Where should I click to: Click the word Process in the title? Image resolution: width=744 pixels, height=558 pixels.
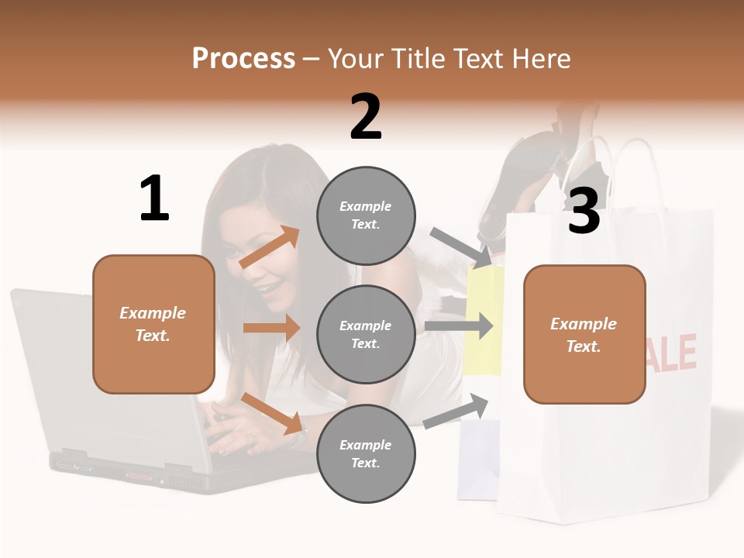click(x=243, y=58)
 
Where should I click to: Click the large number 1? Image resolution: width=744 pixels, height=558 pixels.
click(x=154, y=198)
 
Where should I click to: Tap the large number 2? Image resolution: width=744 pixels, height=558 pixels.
click(x=366, y=117)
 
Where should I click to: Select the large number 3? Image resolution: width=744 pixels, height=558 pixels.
click(x=584, y=211)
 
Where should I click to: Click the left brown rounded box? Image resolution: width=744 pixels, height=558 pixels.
click(x=153, y=324)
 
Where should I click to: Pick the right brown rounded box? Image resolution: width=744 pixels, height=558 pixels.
click(x=584, y=335)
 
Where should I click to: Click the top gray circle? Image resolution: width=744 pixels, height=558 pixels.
click(x=366, y=215)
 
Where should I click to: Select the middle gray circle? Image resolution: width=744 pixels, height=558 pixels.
click(x=366, y=334)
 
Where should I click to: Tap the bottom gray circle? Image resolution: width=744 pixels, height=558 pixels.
click(x=366, y=453)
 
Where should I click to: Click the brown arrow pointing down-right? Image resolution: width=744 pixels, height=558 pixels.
click(x=271, y=413)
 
